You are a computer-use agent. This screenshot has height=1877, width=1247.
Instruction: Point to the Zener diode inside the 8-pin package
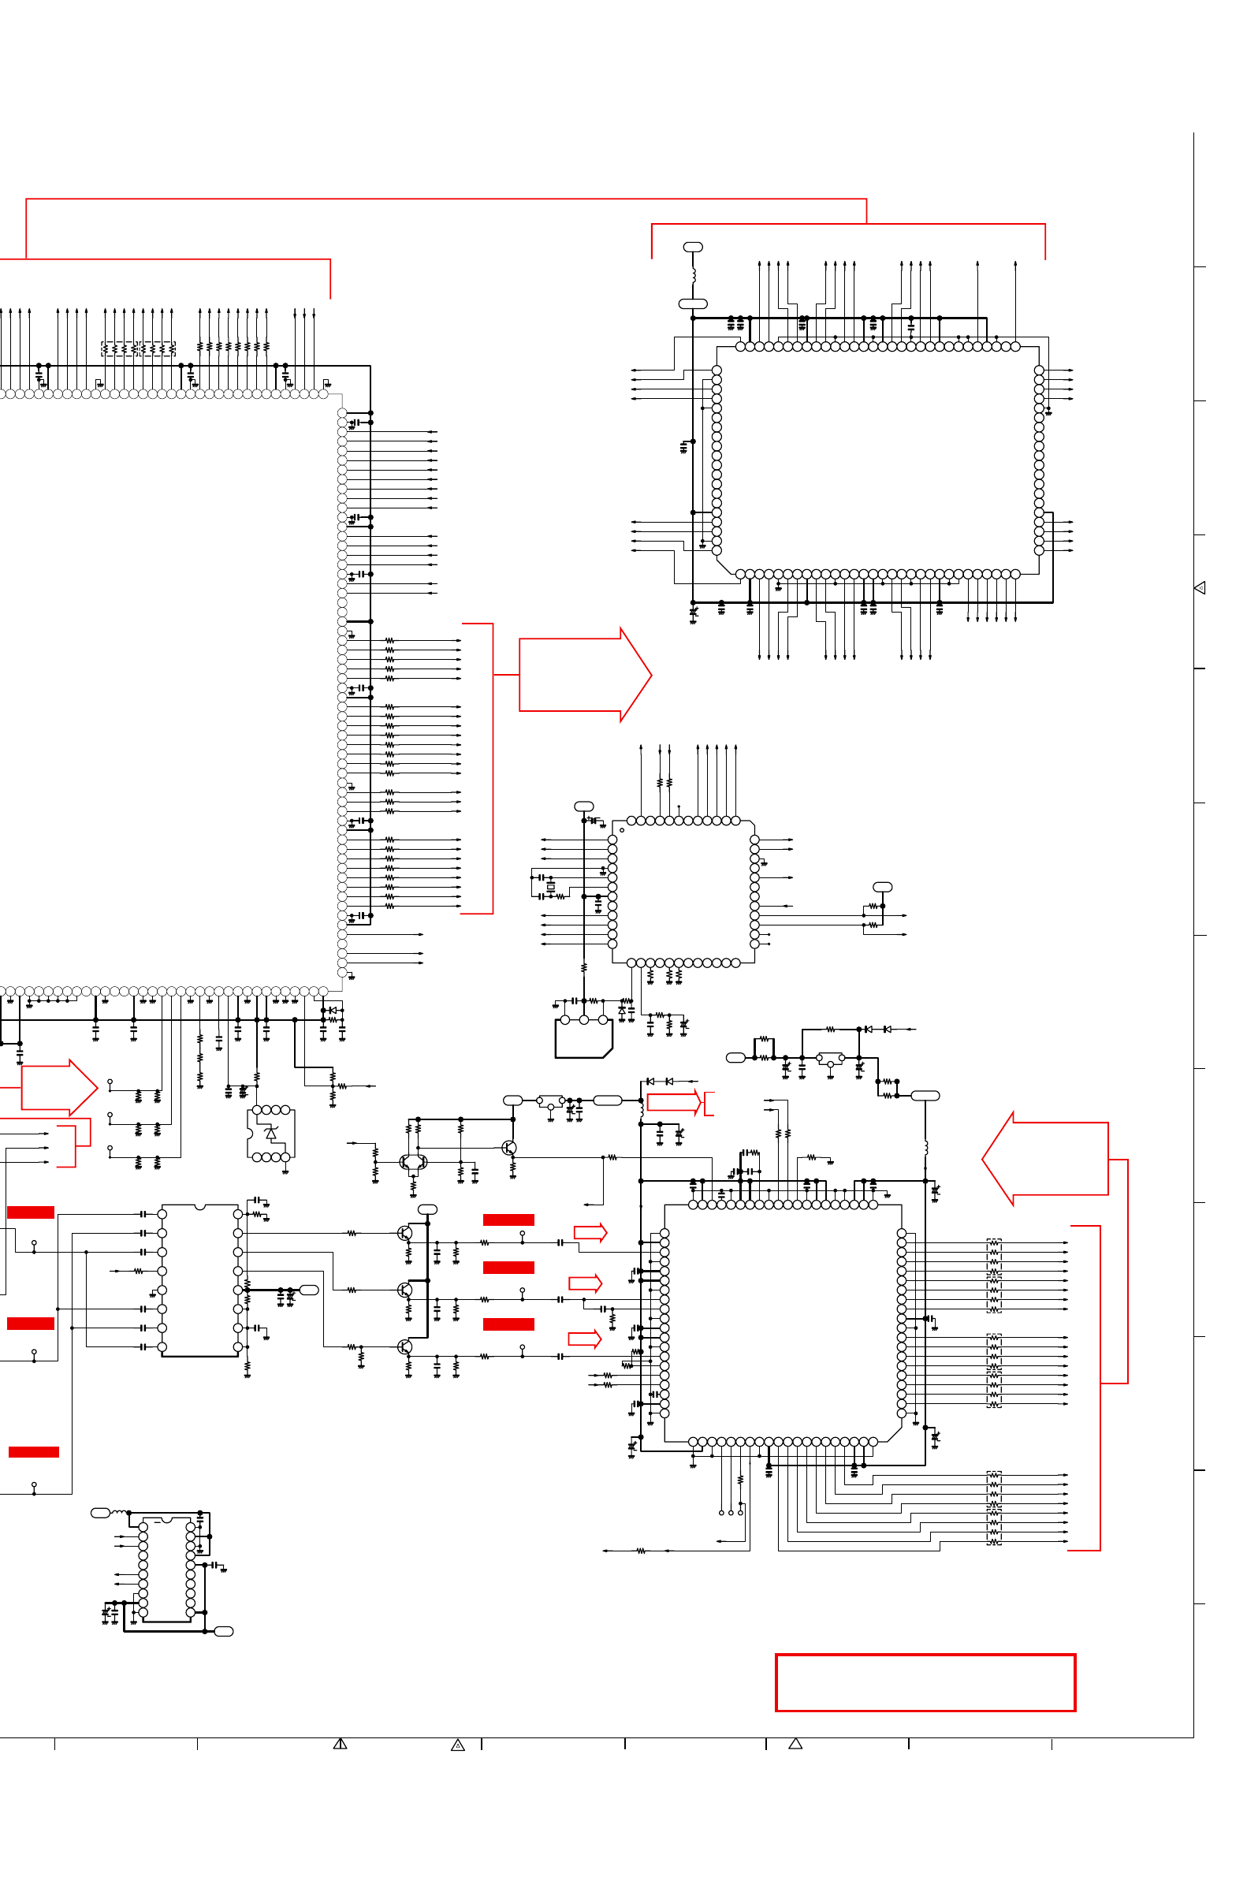click(x=271, y=1133)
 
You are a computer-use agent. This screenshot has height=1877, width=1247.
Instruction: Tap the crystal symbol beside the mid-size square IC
click(x=550, y=886)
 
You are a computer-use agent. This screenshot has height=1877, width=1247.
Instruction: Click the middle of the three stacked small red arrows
click(x=586, y=1283)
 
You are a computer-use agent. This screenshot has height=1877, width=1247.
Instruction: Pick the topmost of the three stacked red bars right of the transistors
click(x=508, y=1220)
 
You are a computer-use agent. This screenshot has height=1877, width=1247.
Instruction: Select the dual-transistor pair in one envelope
click(x=413, y=1163)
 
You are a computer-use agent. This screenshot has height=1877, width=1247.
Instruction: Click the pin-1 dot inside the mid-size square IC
click(x=622, y=830)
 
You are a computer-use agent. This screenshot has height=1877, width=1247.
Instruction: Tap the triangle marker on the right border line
click(x=1200, y=588)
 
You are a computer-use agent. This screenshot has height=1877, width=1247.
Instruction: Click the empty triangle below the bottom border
click(x=795, y=1745)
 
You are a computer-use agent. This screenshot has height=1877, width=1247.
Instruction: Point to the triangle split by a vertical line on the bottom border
click(x=341, y=1745)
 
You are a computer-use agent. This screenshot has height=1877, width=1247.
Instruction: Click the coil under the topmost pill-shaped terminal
click(x=694, y=275)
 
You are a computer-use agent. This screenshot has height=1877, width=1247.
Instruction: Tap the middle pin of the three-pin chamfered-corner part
click(x=584, y=1019)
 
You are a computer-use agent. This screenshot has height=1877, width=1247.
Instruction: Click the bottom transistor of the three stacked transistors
click(x=405, y=1346)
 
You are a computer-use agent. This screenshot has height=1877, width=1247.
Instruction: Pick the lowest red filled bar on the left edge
click(x=33, y=1452)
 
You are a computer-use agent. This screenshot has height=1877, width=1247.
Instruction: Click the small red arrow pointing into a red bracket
click(x=675, y=1102)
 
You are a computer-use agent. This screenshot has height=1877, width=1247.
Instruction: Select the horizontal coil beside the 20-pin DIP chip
click(x=119, y=1512)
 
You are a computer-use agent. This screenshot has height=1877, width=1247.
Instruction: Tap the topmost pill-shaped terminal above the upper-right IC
click(x=694, y=248)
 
